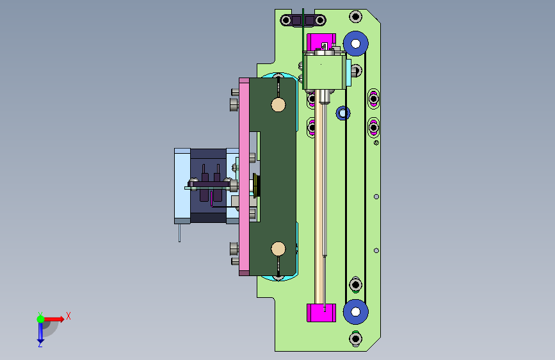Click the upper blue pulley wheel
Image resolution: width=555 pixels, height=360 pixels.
click(x=355, y=44)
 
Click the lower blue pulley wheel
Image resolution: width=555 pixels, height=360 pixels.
click(x=355, y=312)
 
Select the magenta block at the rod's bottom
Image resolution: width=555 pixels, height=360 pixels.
click(x=321, y=313)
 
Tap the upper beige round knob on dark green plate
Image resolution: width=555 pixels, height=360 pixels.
click(x=278, y=105)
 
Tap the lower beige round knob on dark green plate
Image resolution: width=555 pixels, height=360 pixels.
click(x=278, y=249)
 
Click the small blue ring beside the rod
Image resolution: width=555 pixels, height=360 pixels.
click(x=342, y=113)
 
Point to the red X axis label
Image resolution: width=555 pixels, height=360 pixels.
click(x=68, y=316)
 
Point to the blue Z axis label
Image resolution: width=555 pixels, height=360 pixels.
click(x=40, y=344)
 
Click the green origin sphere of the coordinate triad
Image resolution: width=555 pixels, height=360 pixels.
click(x=41, y=319)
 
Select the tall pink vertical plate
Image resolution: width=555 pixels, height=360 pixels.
click(x=245, y=177)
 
